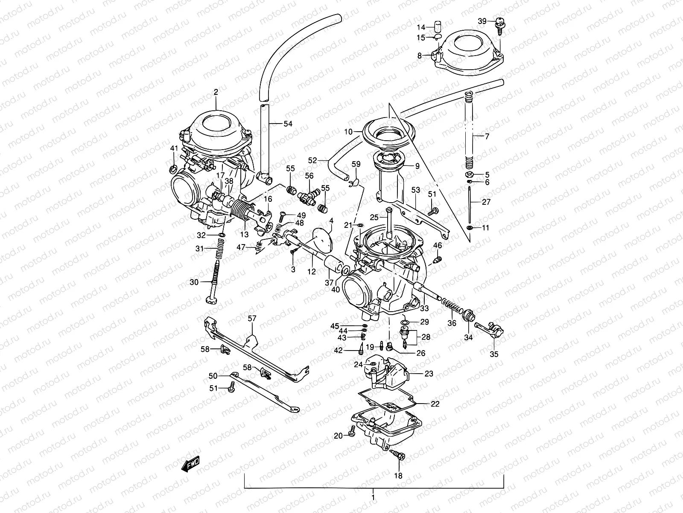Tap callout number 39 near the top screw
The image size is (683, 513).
pyautogui.click(x=482, y=21)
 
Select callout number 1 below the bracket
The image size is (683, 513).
pyautogui.click(x=373, y=497)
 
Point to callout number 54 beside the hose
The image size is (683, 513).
pyautogui.click(x=288, y=124)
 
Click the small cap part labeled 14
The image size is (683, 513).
pyautogui.click(x=437, y=27)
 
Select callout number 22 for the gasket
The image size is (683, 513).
pyautogui.click(x=435, y=404)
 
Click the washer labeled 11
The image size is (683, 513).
pyautogui.click(x=470, y=228)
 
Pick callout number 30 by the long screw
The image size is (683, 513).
pyautogui.click(x=194, y=282)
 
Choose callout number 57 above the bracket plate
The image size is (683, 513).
pyautogui.click(x=252, y=318)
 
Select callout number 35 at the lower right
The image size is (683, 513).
pyautogui.click(x=493, y=354)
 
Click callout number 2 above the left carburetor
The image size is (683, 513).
pyautogui.click(x=216, y=91)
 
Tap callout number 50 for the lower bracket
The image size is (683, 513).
pyautogui.click(x=213, y=376)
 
